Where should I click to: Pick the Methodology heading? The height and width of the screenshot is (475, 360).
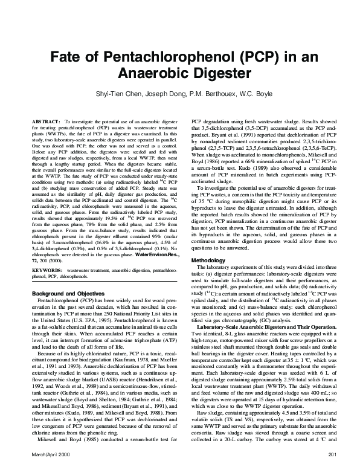click(208, 277)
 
